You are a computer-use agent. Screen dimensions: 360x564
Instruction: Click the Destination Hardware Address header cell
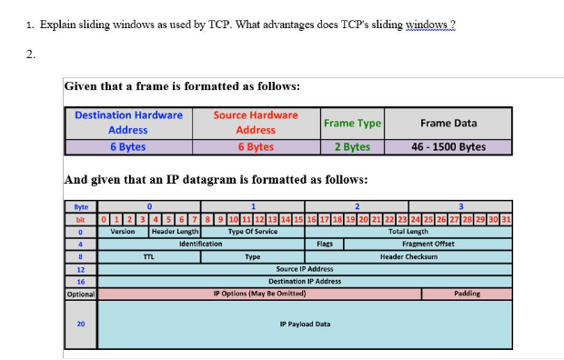coord(128,123)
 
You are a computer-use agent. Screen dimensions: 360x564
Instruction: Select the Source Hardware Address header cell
coord(256,123)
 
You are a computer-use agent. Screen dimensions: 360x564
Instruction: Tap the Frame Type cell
coord(352,123)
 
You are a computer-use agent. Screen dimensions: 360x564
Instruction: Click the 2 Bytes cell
coord(352,146)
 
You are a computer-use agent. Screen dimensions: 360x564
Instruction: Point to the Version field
coord(123,232)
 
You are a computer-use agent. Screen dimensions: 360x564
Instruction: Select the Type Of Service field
coord(253,232)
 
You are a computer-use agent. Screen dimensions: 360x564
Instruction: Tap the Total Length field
coord(409,232)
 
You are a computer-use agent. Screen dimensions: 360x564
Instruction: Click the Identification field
coord(201,244)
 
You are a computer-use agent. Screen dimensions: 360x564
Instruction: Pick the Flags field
coord(325,244)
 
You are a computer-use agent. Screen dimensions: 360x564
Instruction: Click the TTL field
coord(148,256)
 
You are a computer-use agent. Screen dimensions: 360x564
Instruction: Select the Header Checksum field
coord(409,256)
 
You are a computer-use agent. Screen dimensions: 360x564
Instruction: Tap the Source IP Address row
coord(305,269)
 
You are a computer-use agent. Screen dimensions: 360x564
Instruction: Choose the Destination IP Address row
coord(305,281)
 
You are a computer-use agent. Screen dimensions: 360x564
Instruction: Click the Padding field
coord(467,294)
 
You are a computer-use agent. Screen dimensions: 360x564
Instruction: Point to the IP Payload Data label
coord(305,324)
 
